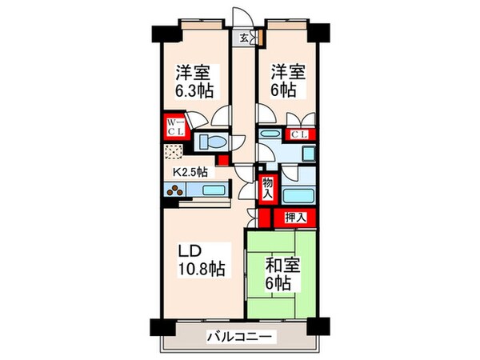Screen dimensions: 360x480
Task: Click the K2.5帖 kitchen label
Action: [191, 170]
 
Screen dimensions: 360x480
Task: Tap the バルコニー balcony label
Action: [238, 337]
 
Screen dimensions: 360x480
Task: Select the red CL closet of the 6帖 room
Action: [300, 135]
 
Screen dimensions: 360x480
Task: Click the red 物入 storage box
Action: [266, 189]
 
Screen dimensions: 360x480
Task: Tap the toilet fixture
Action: [211, 142]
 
